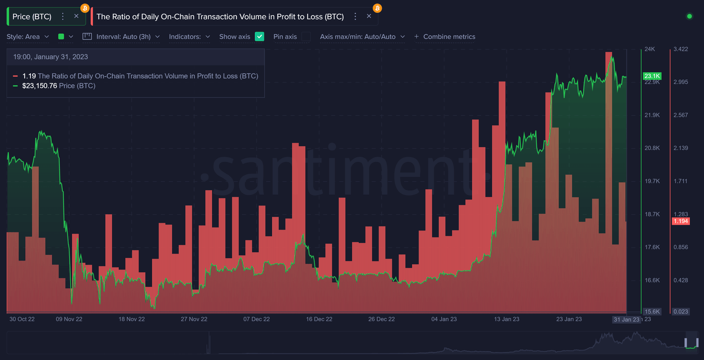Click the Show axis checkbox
(x=259, y=37)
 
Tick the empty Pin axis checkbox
(x=306, y=37)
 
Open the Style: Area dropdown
(x=27, y=37)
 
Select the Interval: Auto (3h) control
(x=121, y=37)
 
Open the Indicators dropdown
(x=189, y=37)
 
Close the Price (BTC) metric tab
(x=76, y=16)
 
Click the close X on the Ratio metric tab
(x=369, y=16)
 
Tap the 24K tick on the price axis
(x=649, y=49)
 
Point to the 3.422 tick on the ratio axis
(x=681, y=49)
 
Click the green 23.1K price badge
(x=652, y=76)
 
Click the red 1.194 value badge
(x=681, y=221)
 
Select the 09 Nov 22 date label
(x=69, y=319)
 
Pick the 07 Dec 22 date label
(x=257, y=319)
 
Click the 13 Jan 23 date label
(x=506, y=319)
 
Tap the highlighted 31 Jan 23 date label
(x=627, y=320)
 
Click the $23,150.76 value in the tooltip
(x=39, y=86)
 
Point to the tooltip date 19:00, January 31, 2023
(x=50, y=57)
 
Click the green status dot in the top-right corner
(x=689, y=17)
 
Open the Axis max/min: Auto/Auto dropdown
(x=362, y=37)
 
